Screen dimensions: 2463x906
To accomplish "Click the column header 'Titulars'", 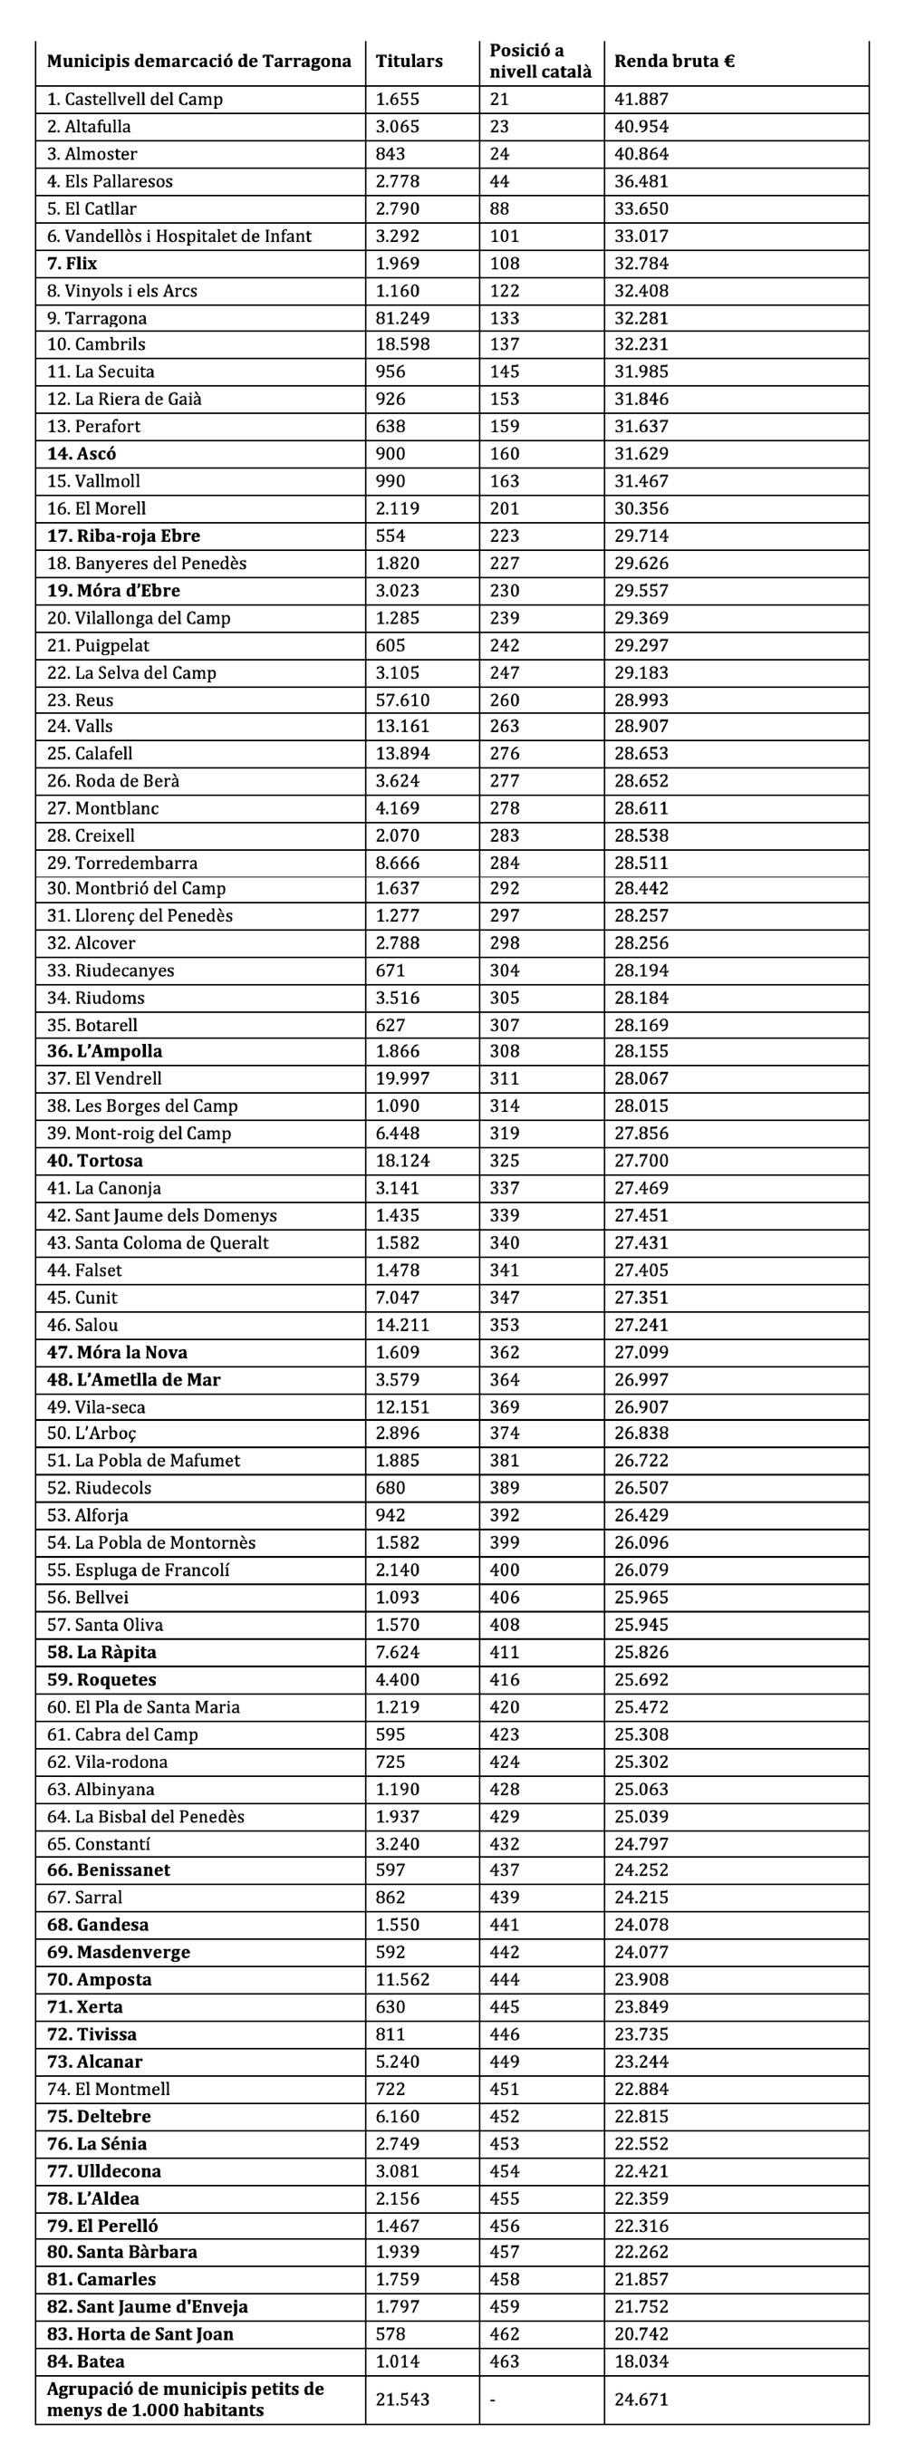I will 409,62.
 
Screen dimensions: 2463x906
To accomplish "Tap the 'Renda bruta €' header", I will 674,62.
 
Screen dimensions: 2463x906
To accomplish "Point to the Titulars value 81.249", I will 402,318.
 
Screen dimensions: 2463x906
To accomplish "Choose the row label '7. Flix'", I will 72,264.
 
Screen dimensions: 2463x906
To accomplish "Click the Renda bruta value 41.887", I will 641,100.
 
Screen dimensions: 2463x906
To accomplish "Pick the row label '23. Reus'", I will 81,700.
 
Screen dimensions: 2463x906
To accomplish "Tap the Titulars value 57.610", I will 402,700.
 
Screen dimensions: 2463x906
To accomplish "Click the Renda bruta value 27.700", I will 641,1161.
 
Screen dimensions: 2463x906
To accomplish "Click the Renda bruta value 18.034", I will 641,2362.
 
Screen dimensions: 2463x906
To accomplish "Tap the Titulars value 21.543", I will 402,2399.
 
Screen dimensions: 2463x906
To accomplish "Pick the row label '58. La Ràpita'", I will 101,1652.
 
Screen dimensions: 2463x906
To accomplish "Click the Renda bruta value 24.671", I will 641,2399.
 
